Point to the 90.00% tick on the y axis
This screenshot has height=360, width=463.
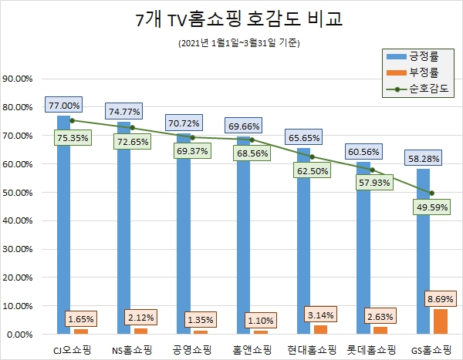[x=22, y=79]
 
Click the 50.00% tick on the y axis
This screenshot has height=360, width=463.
[x=22, y=193]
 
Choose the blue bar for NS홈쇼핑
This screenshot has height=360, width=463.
[x=123, y=231]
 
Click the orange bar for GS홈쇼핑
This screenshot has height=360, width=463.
[x=440, y=321]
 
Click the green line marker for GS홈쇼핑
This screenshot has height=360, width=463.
[x=432, y=193]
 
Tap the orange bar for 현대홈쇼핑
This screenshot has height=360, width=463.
[x=321, y=329]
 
